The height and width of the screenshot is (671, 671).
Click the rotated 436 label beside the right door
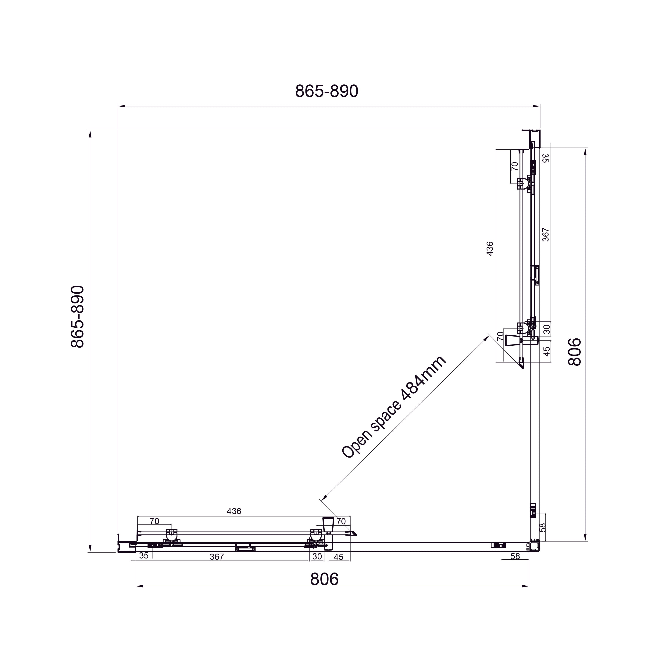490,249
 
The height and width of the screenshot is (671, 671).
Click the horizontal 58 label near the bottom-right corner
515,556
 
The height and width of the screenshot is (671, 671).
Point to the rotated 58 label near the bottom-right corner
543,528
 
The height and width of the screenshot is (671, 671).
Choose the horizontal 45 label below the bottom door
338,557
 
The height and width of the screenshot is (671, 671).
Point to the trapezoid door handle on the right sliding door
512,341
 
